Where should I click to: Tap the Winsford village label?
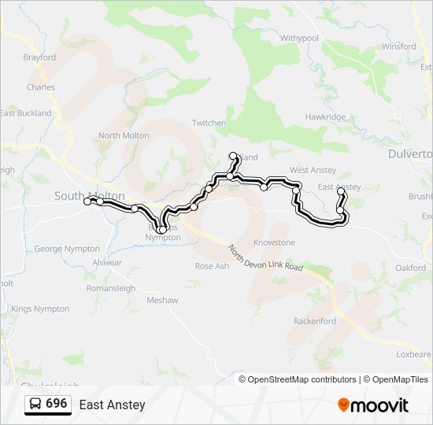coord(398,46)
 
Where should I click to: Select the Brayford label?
coord(39,57)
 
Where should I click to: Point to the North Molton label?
coord(124,135)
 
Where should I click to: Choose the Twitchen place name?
coord(209,124)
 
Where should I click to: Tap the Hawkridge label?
coord(325,117)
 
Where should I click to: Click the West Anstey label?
coord(313,170)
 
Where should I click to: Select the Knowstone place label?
coord(274,243)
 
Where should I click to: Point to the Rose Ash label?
coord(212,266)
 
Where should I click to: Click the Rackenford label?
coord(314,321)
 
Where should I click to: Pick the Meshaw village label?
coord(162,300)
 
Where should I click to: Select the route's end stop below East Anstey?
coord(341,191)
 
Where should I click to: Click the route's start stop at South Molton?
coord(87,202)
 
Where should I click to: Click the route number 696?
coord(56,404)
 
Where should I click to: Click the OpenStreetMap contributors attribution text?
coord(302,379)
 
